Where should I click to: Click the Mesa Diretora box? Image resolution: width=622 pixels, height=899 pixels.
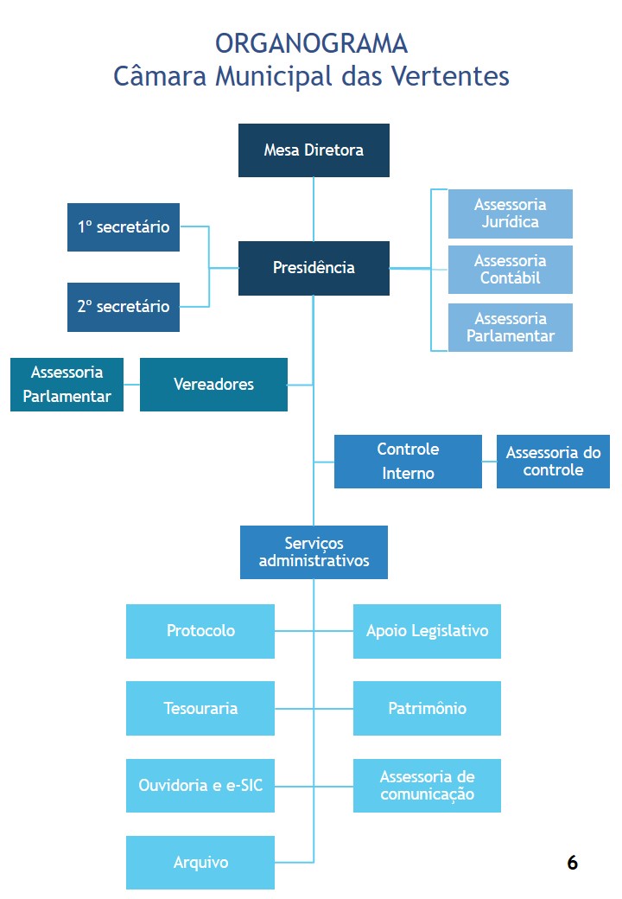pyautogui.click(x=314, y=150)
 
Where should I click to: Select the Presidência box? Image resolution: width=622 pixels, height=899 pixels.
pyautogui.click(x=314, y=268)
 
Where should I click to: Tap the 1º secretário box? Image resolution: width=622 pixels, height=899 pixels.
pyautogui.click(x=124, y=227)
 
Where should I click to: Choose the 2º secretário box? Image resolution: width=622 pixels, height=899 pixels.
pyautogui.click(x=124, y=307)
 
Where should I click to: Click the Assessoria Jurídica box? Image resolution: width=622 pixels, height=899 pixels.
pyautogui.click(x=510, y=214)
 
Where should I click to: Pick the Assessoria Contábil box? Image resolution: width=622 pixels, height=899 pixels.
pyautogui.click(x=510, y=270)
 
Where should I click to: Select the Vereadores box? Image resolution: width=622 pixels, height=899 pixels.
pyautogui.click(x=213, y=385)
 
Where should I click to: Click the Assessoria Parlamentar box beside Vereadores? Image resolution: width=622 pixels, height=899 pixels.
pyautogui.click(x=67, y=385)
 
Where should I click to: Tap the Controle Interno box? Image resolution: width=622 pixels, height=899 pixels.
pyautogui.click(x=408, y=462)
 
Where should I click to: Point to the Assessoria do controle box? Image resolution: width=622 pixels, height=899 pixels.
pyautogui.click(x=553, y=462)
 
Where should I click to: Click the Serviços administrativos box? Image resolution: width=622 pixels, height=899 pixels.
pyautogui.click(x=314, y=552)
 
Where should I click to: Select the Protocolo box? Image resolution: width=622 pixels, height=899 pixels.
pyautogui.click(x=200, y=631)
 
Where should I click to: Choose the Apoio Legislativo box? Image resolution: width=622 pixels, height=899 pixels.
pyautogui.click(x=427, y=631)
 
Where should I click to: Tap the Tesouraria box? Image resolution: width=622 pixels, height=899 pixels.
pyautogui.click(x=200, y=709)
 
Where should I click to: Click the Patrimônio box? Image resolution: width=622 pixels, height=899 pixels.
pyautogui.click(x=427, y=709)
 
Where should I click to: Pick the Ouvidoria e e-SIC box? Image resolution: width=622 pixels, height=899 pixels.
pyautogui.click(x=200, y=786)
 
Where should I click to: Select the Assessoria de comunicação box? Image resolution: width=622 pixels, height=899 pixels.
pyautogui.click(x=427, y=786)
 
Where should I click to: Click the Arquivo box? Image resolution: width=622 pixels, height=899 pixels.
pyautogui.click(x=200, y=863)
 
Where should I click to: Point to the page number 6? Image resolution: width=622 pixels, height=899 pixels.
pyautogui.click(x=572, y=863)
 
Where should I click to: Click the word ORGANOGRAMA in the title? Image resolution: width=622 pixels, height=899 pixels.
pyautogui.click(x=311, y=43)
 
